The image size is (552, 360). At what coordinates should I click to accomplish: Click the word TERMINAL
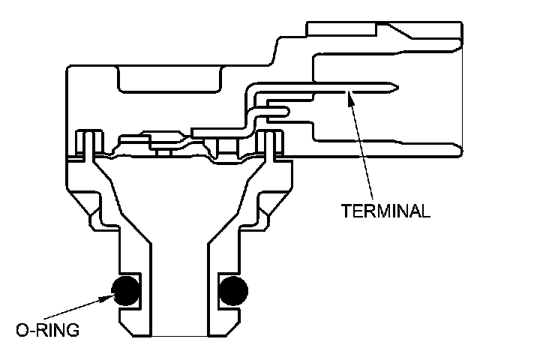coord(386,210)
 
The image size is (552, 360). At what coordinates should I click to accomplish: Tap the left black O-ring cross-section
coord(126,290)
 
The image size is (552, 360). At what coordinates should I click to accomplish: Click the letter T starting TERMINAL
coord(346,210)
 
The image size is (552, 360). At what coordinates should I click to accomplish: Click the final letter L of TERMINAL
coord(427,210)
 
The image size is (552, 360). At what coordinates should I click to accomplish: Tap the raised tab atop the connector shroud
coord(345,28)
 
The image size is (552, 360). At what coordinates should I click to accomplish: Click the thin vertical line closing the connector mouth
coord(461,94)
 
